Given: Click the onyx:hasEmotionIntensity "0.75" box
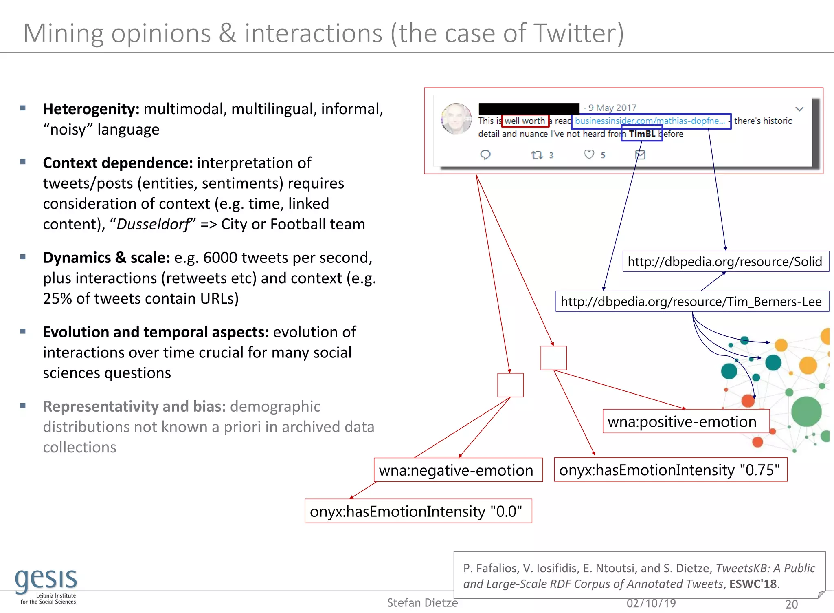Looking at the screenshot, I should (x=670, y=470).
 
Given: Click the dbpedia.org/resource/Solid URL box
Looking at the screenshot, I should (x=725, y=261).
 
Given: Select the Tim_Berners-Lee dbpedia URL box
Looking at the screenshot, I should (x=691, y=301).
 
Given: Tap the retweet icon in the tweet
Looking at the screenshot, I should (x=537, y=155).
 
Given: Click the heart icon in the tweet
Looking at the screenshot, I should (x=589, y=154).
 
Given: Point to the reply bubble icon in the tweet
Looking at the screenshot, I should (x=485, y=155).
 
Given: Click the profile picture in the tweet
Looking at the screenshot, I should (x=457, y=119).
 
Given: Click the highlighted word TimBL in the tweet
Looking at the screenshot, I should (x=642, y=134).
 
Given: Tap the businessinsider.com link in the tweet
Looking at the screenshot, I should (x=650, y=121).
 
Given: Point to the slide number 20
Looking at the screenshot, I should (x=791, y=604).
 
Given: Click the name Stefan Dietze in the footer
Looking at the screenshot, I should (x=422, y=602).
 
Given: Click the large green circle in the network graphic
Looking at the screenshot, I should (x=806, y=412).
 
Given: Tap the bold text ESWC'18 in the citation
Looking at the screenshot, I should (x=753, y=584).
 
